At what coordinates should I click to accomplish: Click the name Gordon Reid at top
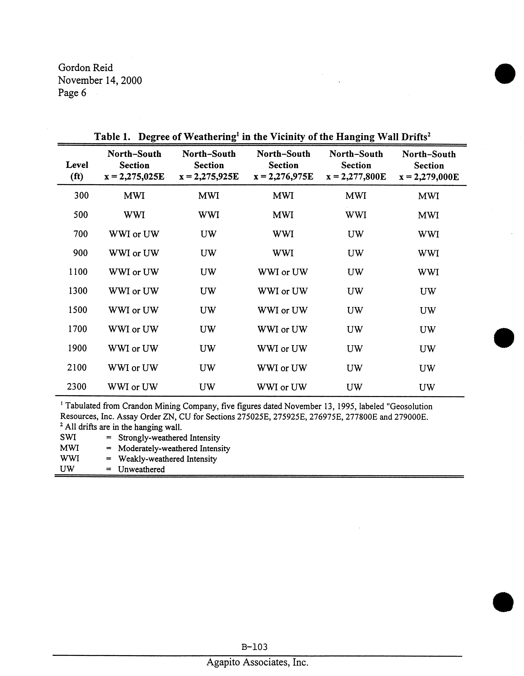pyautogui.click(x=86, y=68)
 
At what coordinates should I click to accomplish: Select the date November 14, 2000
pyautogui.click(x=100, y=80)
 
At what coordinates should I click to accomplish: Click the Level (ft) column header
pyautogui.click(x=77, y=171)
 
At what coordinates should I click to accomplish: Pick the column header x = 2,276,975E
pyautogui.click(x=283, y=177)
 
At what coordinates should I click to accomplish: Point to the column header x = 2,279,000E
pyautogui.click(x=429, y=177)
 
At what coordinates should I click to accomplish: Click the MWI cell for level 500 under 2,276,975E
pyautogui.click(x=283, y=215)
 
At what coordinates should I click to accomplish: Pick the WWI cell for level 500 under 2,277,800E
pyautogui.click(x=356, y=215)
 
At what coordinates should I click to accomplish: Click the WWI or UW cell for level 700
pyautogui.click(x=134, y=234)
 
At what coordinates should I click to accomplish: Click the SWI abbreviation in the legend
pyautogui.click(x=68, y=438)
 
